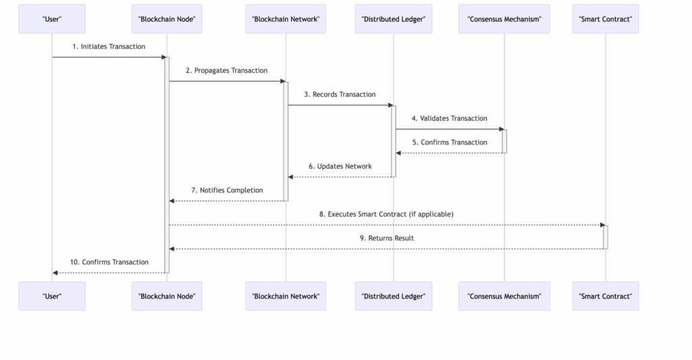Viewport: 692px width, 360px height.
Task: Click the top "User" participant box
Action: pos(52,19)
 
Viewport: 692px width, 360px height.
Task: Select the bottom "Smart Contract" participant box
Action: pos(605,296)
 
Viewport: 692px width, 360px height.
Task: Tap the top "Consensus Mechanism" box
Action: pos(504,19)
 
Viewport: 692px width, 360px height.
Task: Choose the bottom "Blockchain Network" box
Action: pos(286,296)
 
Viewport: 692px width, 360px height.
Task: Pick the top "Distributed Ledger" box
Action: pos(394,19)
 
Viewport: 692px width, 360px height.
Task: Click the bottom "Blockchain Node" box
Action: pos(167,296)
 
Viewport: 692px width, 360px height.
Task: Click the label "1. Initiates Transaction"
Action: pos(109,47)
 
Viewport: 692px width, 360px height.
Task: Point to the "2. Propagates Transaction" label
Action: pos(226,71)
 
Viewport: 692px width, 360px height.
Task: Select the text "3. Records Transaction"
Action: pos(340,95)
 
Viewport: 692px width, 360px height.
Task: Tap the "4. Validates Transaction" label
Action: pos(449,118)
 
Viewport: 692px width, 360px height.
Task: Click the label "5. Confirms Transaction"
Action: pos(449,142)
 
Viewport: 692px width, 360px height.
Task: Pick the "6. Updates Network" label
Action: pos(341,166)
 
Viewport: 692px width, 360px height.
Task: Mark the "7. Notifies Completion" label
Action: pos(227,190)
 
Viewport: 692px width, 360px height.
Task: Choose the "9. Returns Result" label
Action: pos(387,238)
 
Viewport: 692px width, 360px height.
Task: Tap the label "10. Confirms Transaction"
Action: pos(109,262)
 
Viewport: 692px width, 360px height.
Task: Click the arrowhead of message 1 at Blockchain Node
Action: pos(164,57)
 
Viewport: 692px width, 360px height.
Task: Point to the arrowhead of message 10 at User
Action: pos(55,273)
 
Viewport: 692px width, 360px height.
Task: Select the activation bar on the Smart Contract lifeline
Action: pos(605,237)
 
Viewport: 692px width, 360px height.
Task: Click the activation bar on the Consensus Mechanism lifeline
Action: pos(504,142)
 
